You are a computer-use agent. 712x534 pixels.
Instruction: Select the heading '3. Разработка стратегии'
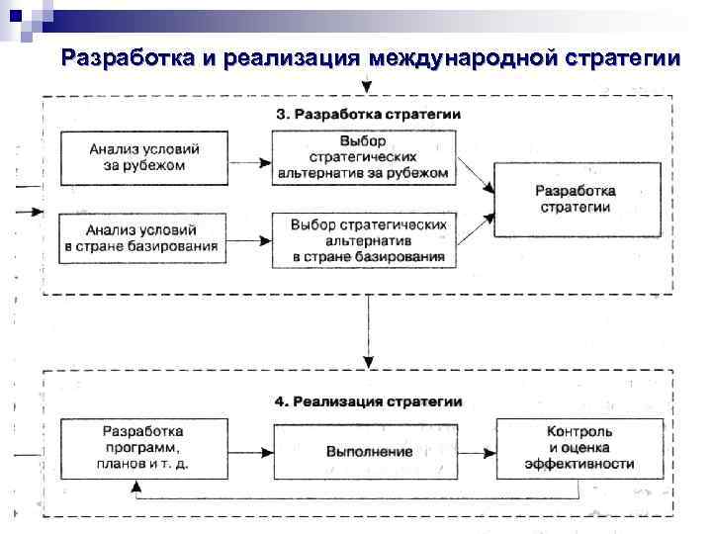click(x=367, y=114)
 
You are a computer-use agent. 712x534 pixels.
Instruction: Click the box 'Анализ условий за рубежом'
click(x=143, y=157)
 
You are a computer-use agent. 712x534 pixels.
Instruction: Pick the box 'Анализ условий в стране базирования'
click(x=143, y=237)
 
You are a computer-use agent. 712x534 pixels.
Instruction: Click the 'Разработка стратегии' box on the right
click(x=576, y=199)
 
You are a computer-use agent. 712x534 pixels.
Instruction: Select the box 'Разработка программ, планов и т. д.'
click(x=143, y=447)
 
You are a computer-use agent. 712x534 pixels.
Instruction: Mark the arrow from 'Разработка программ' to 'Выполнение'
click(x=249, y=451)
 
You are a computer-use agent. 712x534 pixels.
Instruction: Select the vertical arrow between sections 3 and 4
click(x=368, y=326)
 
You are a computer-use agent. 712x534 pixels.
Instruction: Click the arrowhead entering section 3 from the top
click(x=368, y=89)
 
